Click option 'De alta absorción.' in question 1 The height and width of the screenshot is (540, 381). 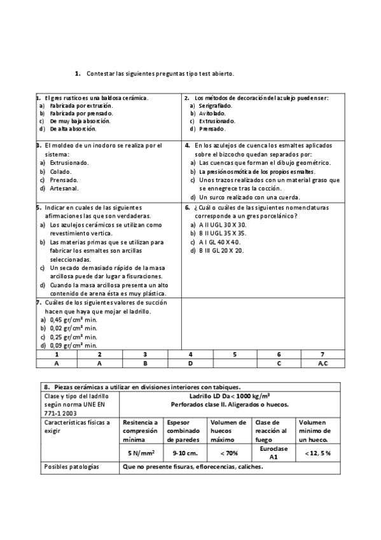(73, 129)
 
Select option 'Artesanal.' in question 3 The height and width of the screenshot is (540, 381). (64, 188)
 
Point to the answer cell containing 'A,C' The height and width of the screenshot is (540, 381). (322, 363)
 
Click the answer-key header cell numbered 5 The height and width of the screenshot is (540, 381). (235, 354)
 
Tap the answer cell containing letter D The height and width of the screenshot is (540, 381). (191, 363)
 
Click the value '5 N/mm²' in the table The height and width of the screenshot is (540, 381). (141, 452)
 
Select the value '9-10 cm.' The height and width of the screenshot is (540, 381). (184, 452)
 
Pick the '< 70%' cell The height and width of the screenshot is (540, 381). (229, 452)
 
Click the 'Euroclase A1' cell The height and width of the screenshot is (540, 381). (274, 452)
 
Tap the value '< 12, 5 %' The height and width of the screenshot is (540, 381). (317, 452)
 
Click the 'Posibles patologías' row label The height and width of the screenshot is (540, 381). (72, 467)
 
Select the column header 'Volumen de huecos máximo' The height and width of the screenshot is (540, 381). (228, 430)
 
